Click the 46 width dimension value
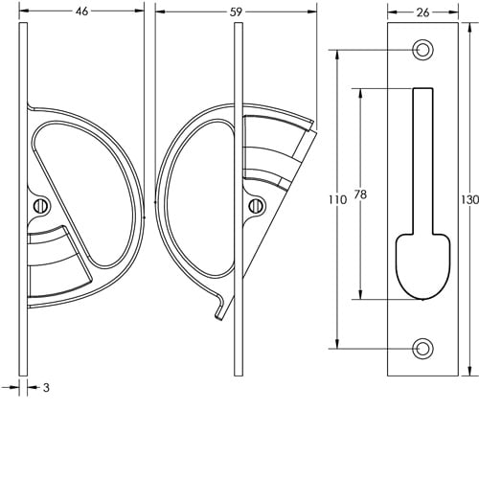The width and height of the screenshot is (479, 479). pos(82,11)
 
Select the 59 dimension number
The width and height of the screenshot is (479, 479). pos(236,12)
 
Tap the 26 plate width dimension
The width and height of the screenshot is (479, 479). pos(422,12)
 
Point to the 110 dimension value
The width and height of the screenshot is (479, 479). pos(337,200)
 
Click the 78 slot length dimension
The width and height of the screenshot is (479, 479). pos(360,194)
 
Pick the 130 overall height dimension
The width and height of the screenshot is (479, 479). pos(470,200)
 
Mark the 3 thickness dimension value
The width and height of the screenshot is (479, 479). pos(47,388)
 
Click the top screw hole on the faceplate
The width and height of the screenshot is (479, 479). pos(422,50)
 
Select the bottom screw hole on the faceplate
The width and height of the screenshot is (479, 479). pos(422,349)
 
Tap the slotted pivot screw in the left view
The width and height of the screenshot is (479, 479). pos(40,206)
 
